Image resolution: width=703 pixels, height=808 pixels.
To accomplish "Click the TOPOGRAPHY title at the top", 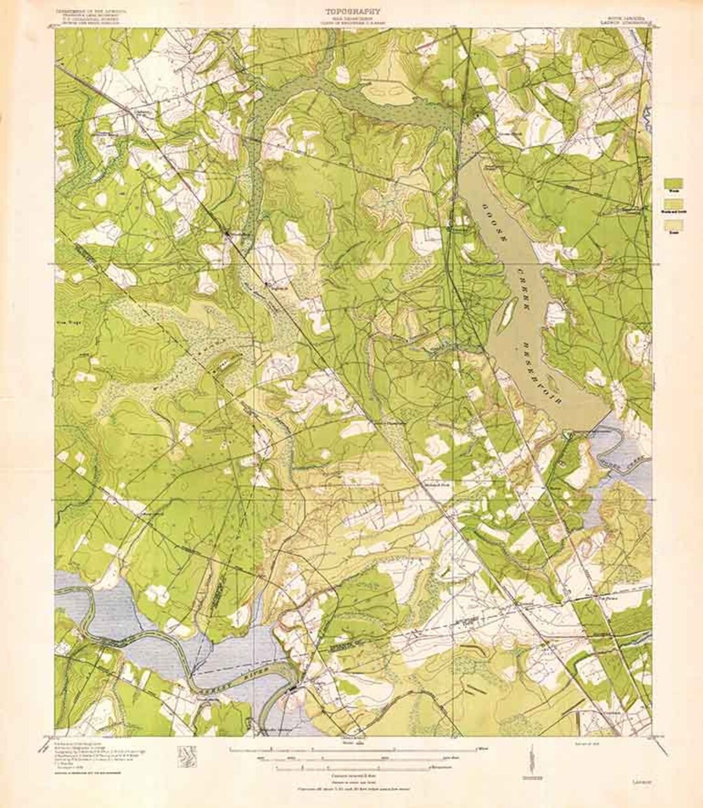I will tap(351, 10).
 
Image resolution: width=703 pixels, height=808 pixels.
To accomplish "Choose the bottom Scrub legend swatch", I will tap(673, 225).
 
